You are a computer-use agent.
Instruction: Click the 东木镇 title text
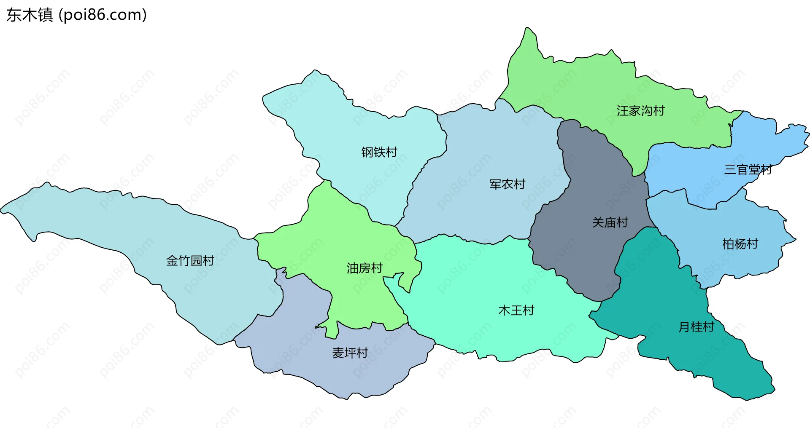30,15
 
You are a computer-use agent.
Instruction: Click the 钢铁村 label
379,152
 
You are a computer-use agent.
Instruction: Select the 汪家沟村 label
640,111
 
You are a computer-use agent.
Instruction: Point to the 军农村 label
507,184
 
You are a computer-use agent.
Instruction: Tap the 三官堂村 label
748,169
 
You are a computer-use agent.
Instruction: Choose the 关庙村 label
610,222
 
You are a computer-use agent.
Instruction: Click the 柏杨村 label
740,244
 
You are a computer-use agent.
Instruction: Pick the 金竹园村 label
190,261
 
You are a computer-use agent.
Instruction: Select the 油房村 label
364,268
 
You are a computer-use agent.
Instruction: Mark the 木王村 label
516,310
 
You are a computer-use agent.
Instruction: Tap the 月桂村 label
696,327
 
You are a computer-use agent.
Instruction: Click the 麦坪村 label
350,353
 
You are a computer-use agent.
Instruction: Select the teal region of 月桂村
658,286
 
